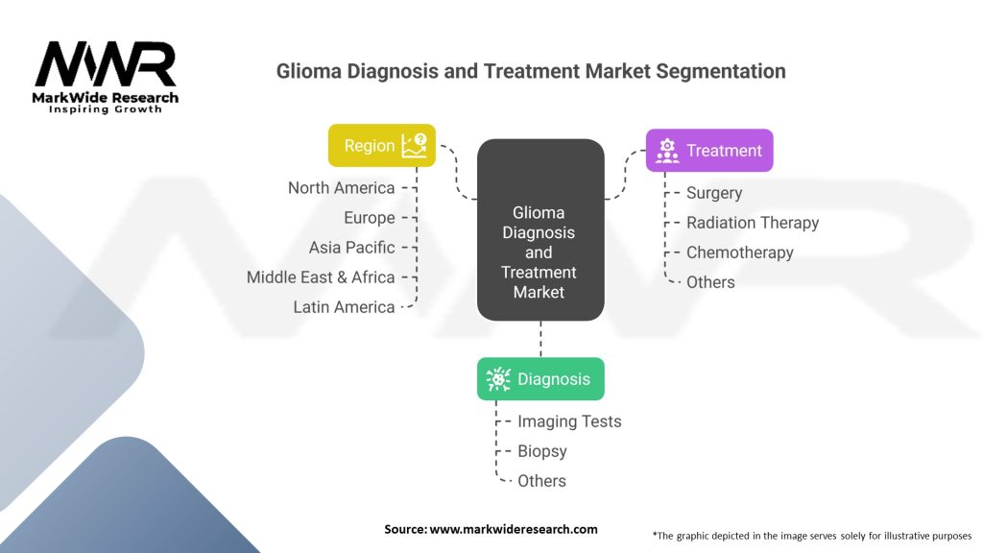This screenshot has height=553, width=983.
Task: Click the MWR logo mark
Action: click(106, 64)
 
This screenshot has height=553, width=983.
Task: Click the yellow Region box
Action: click(382, 146)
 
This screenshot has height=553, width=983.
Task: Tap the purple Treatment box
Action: click(709, 151)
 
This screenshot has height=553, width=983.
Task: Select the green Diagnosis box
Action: click(540, 378)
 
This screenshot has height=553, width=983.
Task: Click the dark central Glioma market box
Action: click(540, 230)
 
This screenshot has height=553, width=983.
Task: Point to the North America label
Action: click(341, 188)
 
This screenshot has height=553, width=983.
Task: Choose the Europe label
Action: click(370, 218)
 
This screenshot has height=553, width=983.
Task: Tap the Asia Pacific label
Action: click(351, 248)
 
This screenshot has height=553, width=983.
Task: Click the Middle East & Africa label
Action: click(321, 277)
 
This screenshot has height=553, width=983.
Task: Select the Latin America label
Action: click(344, 307)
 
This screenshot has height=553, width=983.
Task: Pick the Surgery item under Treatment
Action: click(714, 193)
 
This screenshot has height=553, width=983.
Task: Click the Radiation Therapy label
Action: click(753, 223)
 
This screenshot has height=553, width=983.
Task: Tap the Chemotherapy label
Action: click(740, 252)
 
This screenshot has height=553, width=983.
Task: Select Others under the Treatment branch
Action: click(710, 282)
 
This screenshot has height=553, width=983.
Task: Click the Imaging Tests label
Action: click(569, 421)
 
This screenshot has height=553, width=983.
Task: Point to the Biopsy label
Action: click(541, 451)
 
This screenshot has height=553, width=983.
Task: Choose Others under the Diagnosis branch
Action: click(541, 481)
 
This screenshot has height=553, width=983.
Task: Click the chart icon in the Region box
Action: click(415, 146)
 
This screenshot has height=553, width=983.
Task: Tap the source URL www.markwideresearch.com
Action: click(514, 529)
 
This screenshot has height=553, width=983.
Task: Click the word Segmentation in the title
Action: click(721, 71)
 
